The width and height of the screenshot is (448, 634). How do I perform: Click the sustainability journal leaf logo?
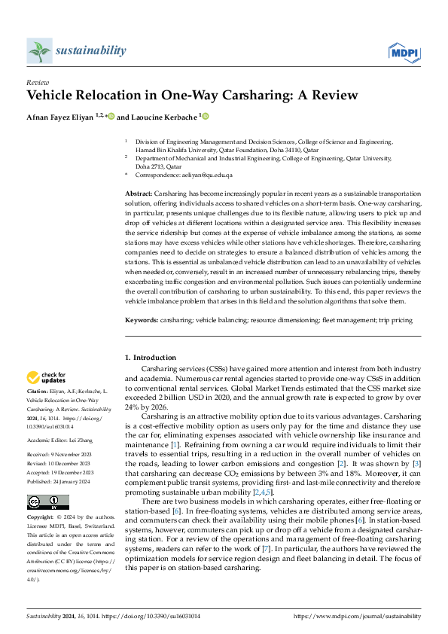pos(38,50)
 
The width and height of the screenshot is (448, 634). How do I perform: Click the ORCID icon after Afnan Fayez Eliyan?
pos(111,116)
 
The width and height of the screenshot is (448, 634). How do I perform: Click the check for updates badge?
pos(47,378)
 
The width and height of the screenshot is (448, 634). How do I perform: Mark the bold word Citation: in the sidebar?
pos(38,392)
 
